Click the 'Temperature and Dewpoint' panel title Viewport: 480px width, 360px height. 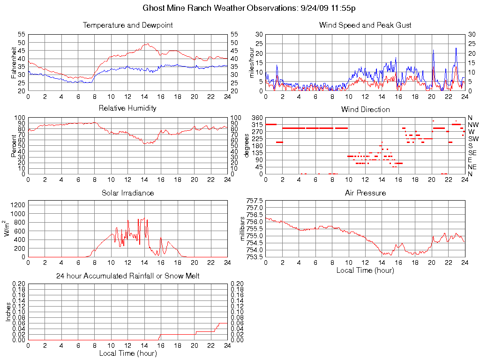click(127, 25)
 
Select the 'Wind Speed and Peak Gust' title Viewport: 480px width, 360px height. click(365, 25)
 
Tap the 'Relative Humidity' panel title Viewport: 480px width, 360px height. click(127, 108)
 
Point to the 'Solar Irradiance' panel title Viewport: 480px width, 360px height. click(127, 193)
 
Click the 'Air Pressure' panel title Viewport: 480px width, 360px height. click(365, 193)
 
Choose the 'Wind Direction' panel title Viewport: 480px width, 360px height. click(365, 109)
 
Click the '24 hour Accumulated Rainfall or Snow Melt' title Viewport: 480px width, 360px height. click(127, 276)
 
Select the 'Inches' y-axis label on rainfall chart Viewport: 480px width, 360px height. click(8, 312)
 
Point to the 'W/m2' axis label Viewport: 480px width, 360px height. click(8, 228)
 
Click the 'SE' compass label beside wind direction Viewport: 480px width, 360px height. click(472, 153)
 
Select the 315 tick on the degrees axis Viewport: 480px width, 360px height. click(257, 125)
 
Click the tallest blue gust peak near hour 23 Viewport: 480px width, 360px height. click(456, 48)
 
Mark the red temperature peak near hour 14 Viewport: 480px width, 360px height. click(148, 44)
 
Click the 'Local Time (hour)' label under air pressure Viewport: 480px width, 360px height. click(365, 270)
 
